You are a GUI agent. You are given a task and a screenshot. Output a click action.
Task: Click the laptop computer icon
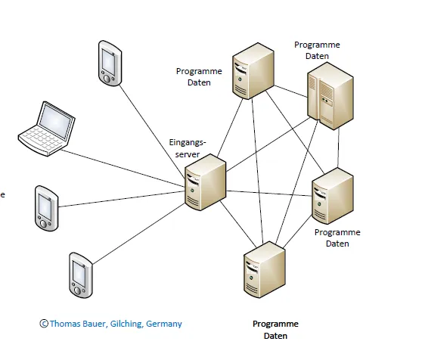(x=47, y=129)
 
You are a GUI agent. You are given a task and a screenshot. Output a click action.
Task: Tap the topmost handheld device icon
(x=110, y=64)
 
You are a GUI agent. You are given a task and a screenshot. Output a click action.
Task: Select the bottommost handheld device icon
(x=81, y=275)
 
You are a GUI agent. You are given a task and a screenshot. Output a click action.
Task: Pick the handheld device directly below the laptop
(x=46, y=208)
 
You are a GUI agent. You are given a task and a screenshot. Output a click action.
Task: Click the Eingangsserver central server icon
(x=205, y=182)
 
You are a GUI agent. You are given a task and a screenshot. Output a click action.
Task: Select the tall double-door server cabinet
(x=330, y=96)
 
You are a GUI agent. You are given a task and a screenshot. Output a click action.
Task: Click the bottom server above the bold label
(x=264, y=270)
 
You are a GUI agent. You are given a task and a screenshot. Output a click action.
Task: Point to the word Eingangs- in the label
(x=188, y=142)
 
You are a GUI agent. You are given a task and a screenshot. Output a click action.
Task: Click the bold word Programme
(x=275, y=324)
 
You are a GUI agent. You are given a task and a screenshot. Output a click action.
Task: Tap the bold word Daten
(x=275, y=336)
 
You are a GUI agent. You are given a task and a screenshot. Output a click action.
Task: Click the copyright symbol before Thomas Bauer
(x=44, y=324)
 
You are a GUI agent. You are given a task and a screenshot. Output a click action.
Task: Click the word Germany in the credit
(x=163, y=324)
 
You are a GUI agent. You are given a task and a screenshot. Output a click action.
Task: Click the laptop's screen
(x=55, y=122)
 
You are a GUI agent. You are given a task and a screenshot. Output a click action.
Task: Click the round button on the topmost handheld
(x=107, y=79)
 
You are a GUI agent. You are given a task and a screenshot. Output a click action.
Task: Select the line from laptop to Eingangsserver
(x=123, y=169)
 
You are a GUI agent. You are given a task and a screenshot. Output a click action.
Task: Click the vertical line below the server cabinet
(x=339, y=148)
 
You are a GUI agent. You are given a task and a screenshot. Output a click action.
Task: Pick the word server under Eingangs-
(x=188, y=154)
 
